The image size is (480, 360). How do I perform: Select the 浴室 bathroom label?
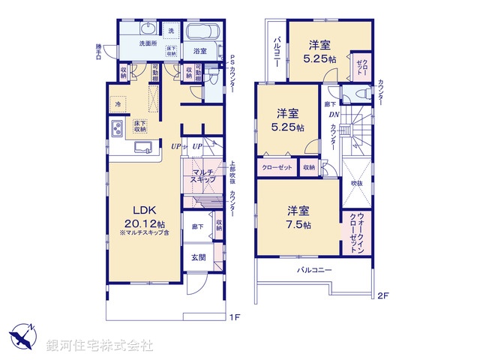point(199,52)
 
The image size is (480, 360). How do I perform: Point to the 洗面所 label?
point(148,44)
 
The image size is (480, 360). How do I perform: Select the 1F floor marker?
point(233,317)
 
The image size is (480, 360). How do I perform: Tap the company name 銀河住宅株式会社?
point(99,346)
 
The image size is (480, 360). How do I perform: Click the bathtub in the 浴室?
point(199,32)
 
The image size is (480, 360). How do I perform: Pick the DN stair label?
point(334,115)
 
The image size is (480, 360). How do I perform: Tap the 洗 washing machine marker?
point(171,31)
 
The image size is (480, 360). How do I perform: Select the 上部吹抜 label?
point(232,172)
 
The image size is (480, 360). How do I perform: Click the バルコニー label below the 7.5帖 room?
point(313,269)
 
